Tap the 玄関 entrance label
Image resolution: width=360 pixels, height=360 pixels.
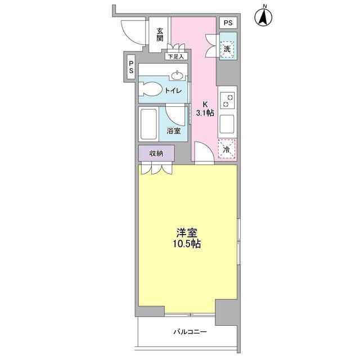[x=160, y=35]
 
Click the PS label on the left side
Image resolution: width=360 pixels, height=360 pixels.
[x=130, y=69]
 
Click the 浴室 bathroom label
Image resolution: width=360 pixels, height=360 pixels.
[x=173, y=131]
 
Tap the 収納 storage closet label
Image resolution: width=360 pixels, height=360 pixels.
[x=156, y=153]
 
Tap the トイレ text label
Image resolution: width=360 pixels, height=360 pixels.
[x=172, y=91]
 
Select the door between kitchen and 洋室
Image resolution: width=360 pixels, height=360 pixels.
[x=204, y=153]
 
